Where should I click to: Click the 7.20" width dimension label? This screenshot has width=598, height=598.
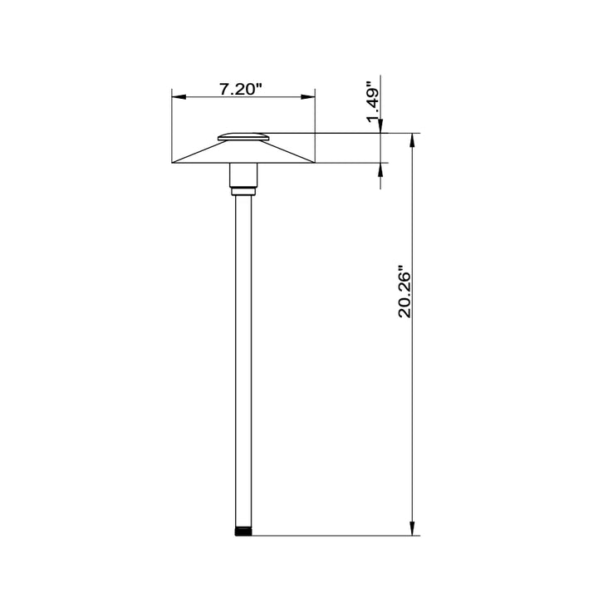(x=241, y=89)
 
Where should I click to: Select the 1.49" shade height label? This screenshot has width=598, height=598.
(x=373, y=101)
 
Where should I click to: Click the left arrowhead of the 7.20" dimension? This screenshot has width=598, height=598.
(x=179, y=97)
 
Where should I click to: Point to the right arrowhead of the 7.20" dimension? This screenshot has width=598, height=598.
(x=308, y=97)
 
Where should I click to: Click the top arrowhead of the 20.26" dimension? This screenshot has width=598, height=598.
(x=412, y=140)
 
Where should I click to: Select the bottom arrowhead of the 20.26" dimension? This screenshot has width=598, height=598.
(x=412, y=528)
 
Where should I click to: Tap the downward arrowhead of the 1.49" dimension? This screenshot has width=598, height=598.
(x=380, y=126)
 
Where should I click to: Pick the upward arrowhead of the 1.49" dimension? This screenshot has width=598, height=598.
(x=380, y=169)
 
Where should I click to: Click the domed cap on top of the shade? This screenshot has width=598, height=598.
(x=243, y=137)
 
